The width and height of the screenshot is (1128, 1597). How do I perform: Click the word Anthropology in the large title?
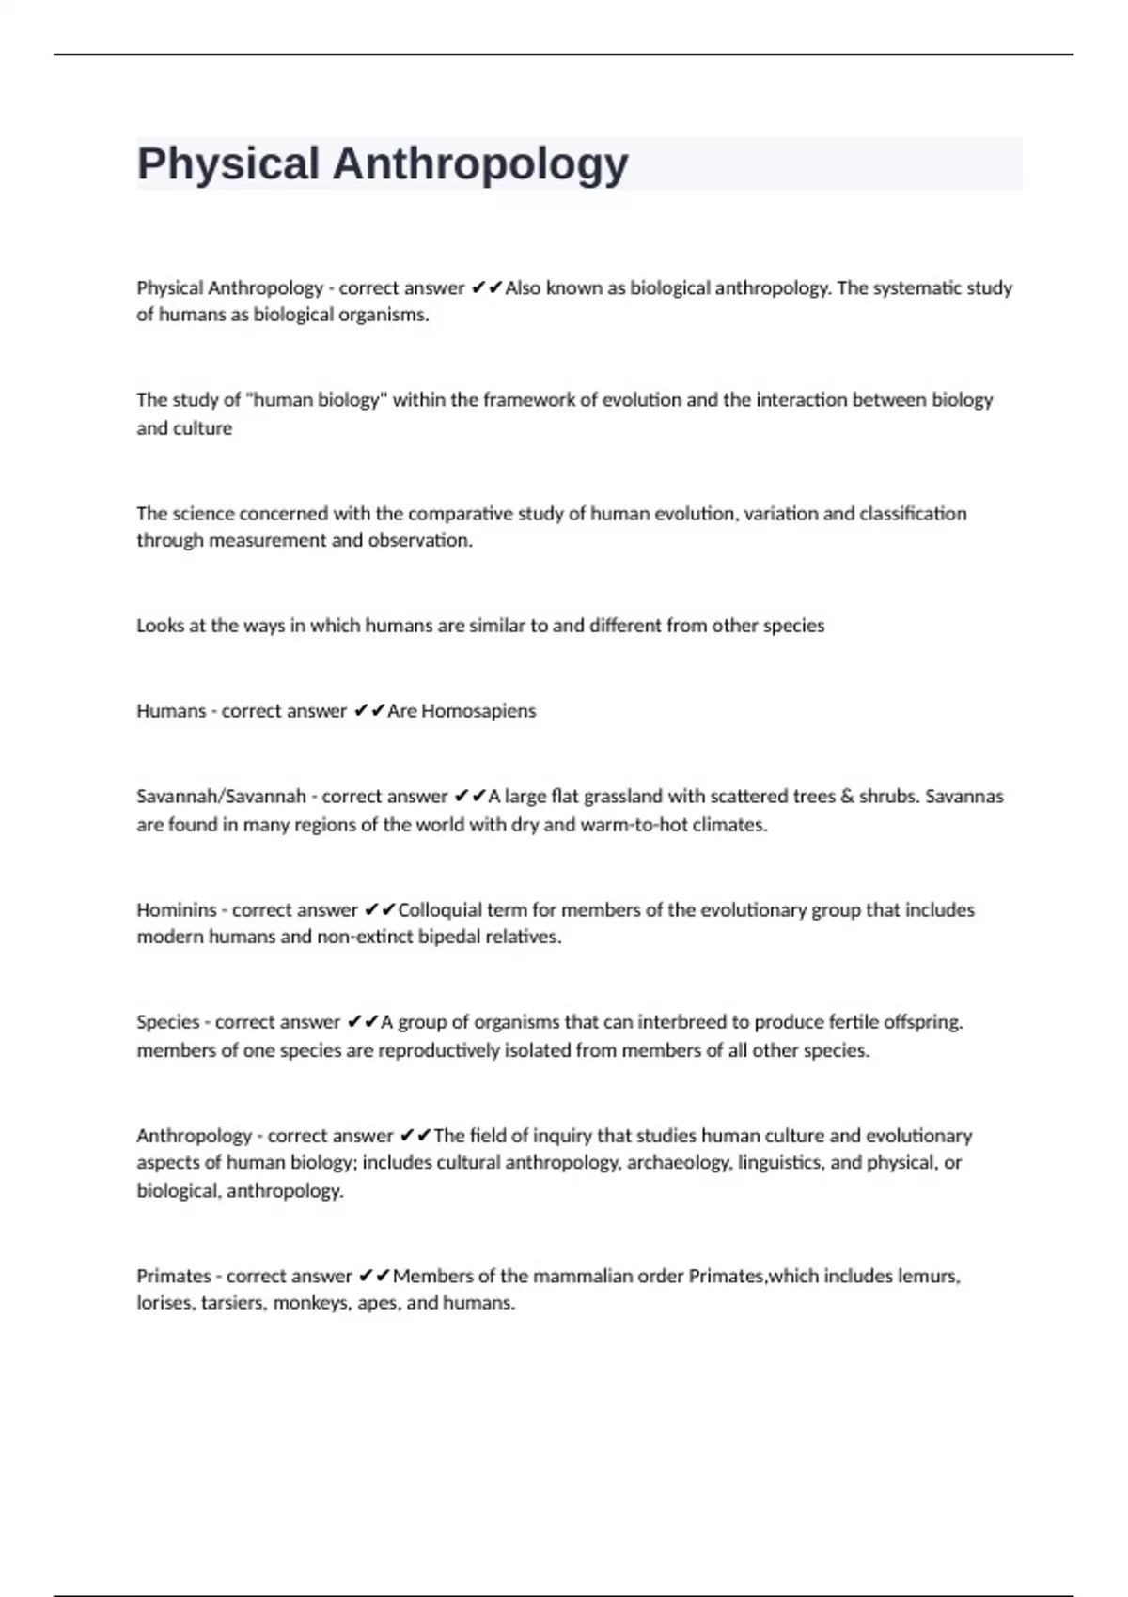[480, 163]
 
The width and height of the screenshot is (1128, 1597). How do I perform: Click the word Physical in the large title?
[228, 163]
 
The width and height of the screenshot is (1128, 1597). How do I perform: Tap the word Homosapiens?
[478, 711]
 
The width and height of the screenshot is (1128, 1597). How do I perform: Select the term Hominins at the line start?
[177, 909]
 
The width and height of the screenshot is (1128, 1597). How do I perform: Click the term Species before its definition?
[168, 1022]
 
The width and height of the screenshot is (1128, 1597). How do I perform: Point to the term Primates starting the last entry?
[174, 1276]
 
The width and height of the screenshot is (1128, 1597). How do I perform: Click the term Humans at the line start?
[171, 711]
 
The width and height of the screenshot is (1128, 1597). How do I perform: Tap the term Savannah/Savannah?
[221, 797]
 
